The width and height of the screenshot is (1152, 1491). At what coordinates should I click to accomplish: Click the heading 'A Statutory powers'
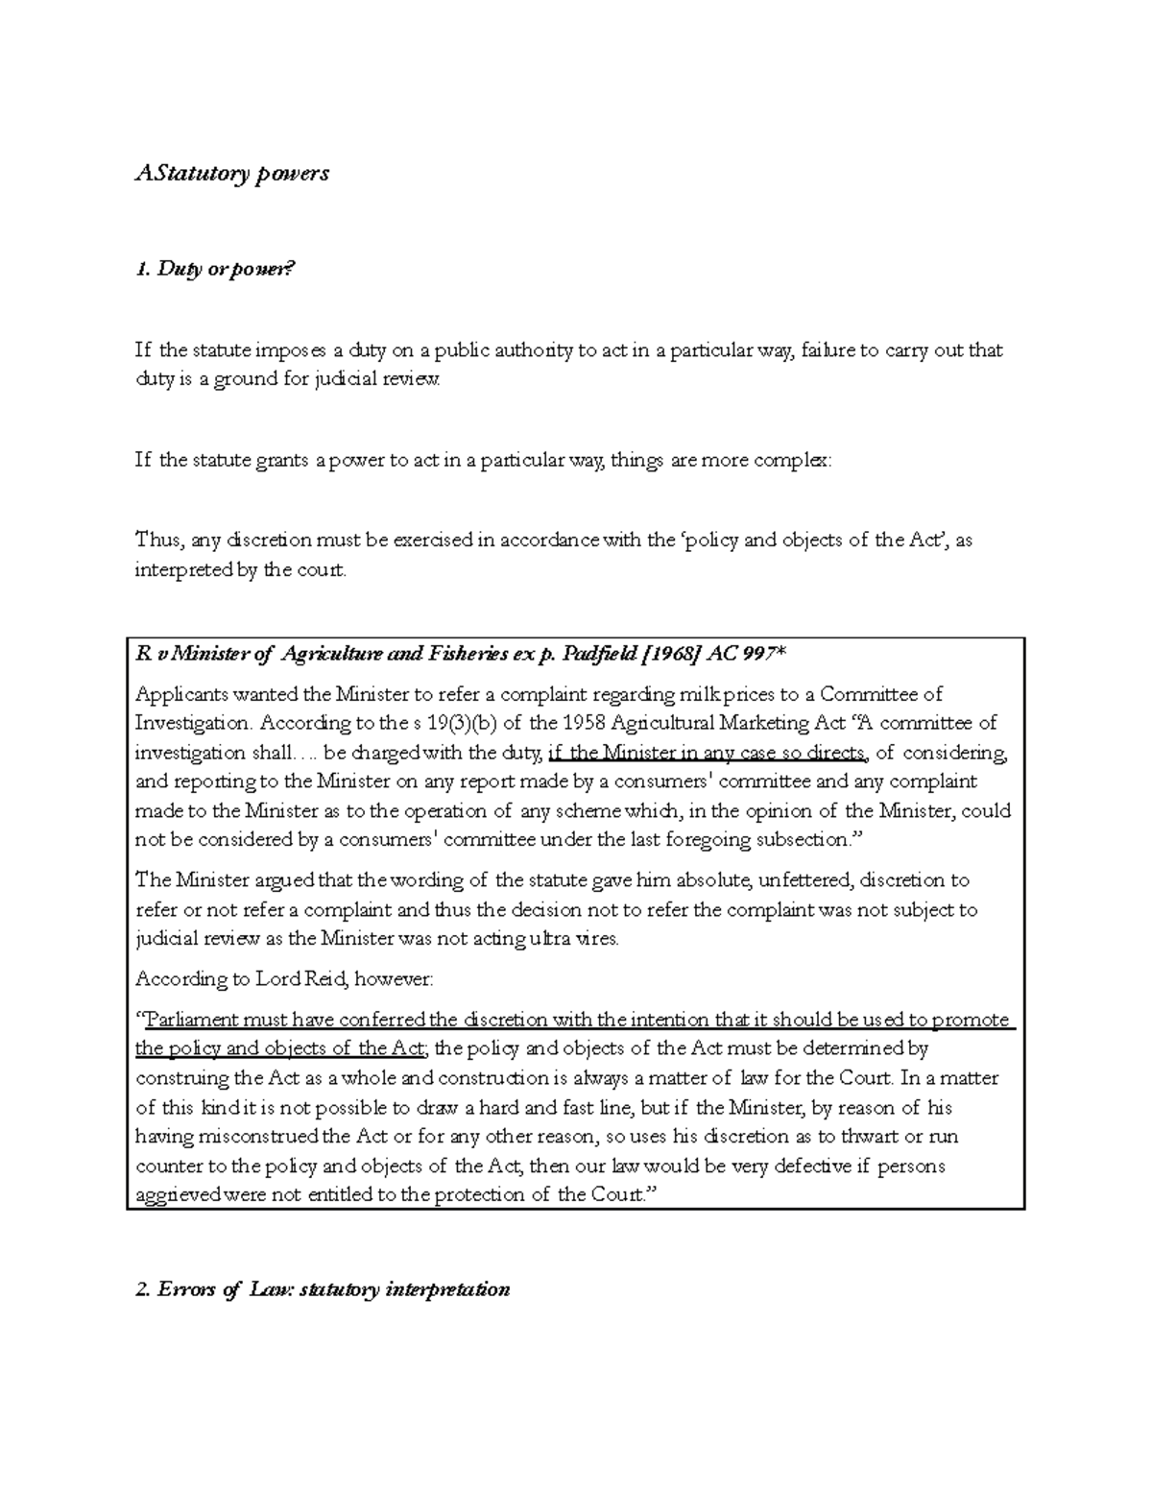231,173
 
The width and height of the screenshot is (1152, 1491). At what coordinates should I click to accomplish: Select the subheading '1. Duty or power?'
211,270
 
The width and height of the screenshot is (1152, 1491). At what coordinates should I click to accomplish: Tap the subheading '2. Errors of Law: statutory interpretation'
323,1289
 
